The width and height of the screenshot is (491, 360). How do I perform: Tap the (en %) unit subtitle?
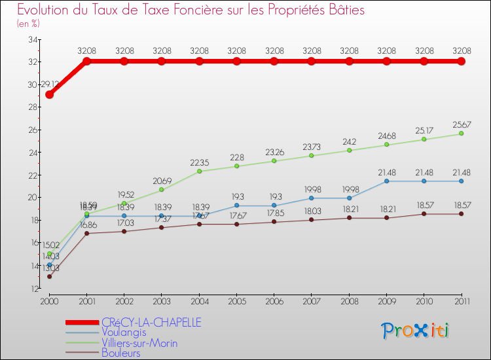[28, 24]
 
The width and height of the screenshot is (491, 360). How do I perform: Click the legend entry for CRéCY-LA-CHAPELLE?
[151, 322]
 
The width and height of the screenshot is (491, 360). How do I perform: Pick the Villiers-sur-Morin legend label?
[139, 343]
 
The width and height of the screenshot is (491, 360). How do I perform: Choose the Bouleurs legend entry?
[121, 353]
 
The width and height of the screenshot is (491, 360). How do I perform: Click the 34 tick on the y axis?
[31, 39]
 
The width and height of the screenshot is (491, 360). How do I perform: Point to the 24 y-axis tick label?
[31, 153]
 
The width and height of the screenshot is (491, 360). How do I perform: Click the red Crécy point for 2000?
[49, 94]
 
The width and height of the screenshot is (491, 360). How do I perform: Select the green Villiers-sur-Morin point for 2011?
[462, 134]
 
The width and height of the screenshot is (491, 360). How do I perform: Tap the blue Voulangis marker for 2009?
[387, 181]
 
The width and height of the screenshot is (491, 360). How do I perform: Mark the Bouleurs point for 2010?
[424, 213]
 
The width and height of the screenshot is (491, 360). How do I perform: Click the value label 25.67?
[462, 124]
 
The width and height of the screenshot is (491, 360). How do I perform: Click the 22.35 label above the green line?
[200, 162]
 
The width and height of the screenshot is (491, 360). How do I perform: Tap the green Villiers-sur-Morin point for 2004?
[200, 171]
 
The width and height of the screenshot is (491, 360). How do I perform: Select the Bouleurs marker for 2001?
[86, 233]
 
